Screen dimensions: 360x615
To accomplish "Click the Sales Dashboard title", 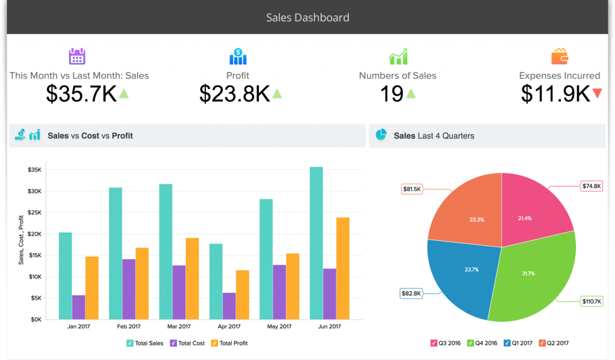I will coord(307,17).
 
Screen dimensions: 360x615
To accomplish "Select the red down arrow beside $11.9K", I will coord(596,93).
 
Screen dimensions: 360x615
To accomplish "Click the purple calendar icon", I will coord(77,56).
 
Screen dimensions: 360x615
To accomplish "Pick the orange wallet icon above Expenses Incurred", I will coord(559,56).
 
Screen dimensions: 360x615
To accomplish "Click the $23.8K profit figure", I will coord(235,93).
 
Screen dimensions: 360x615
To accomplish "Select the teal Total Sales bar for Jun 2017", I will coord(316,243).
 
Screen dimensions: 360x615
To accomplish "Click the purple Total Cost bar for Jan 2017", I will coord(79,307).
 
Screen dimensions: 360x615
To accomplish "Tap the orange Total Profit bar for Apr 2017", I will coord(243,294).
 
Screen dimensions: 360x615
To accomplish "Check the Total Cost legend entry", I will coord(187,343).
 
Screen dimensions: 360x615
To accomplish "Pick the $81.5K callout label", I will coord(412,189).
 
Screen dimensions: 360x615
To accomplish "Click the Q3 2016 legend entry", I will coord(447,343).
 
